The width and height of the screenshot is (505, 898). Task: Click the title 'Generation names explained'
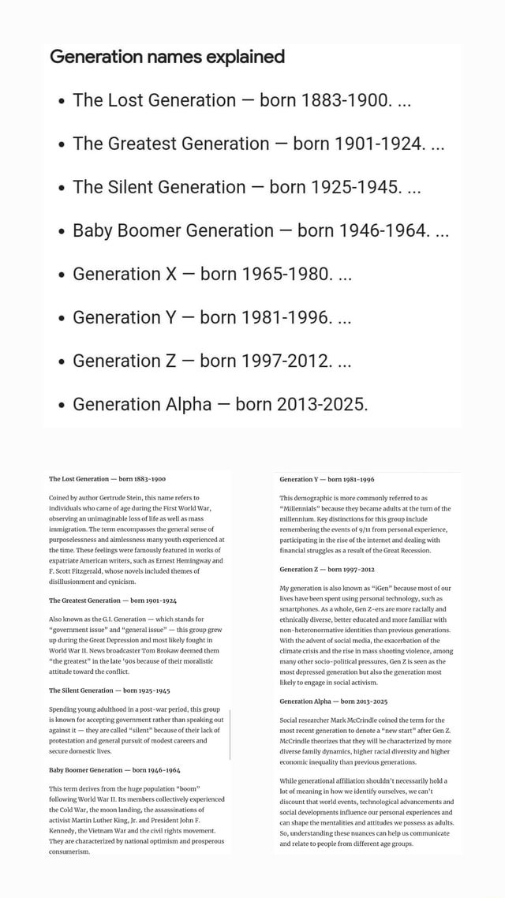(166, 57)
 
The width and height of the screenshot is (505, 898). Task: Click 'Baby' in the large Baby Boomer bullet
(92, 230)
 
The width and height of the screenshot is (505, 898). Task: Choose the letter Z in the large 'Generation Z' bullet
(171, 361)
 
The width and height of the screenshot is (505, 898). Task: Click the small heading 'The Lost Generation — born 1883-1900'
(107, 479)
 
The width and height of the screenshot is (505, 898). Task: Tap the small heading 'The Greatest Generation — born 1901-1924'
(113, 601)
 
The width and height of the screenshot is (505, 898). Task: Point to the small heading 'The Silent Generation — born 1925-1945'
(110, 690)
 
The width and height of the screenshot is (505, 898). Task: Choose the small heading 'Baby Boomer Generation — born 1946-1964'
(114, 769)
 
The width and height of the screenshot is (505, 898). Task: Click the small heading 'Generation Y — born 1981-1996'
(327, 479)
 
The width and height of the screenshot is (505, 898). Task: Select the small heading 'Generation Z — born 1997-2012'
(327, 569)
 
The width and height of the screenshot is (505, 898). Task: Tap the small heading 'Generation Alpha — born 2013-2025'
(333, 701)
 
